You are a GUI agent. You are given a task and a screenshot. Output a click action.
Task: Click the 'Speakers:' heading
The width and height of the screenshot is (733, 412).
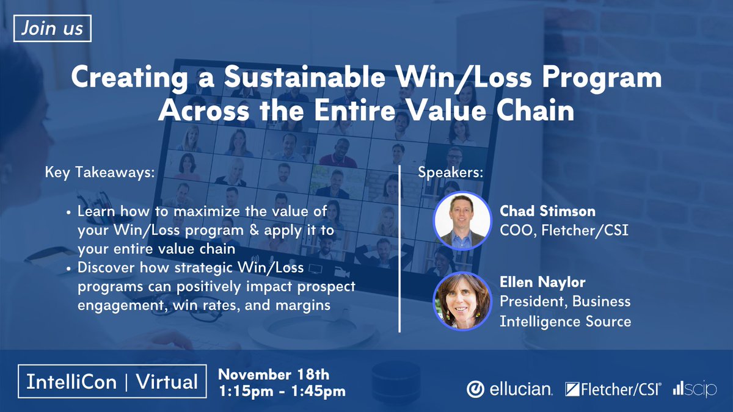pos(450,173)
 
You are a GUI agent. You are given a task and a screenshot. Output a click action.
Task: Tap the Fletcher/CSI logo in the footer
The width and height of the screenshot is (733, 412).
pos(613,389)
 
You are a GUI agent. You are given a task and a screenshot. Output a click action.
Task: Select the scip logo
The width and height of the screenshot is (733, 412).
pos(695,389)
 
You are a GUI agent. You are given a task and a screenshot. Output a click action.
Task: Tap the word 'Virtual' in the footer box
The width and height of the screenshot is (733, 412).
pos(166,382)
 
